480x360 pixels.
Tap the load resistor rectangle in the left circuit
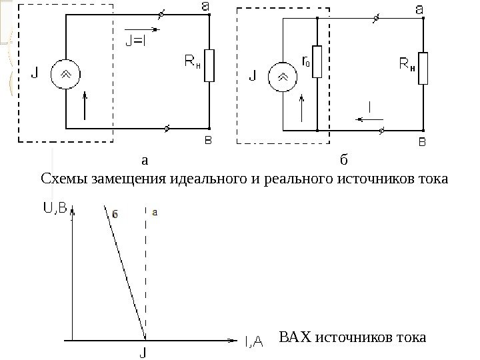point(210,65)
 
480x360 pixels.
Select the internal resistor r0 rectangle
point(317,62)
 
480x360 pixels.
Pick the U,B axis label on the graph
point(55,209)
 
